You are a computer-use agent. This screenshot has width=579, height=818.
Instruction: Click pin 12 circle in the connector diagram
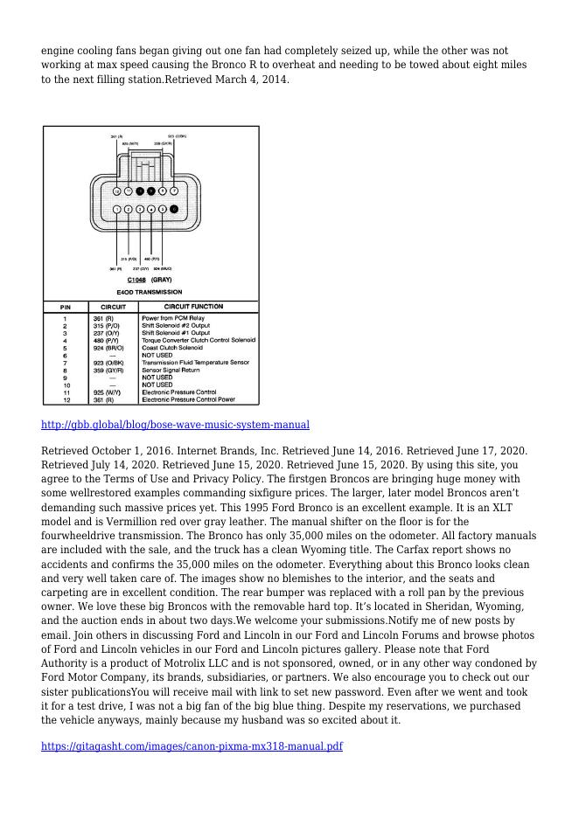click(117, 191)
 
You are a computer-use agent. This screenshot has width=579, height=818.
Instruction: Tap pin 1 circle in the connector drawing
click(117, 210)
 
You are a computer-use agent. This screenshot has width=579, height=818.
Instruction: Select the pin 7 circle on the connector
click(174, 191)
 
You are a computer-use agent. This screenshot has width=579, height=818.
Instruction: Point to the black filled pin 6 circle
click(174, 210)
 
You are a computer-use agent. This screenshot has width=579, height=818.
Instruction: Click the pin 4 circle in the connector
click(151, 210)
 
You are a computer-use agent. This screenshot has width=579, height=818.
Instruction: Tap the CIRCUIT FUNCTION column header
click(193, 307)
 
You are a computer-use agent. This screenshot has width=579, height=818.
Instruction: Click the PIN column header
click(66, 308)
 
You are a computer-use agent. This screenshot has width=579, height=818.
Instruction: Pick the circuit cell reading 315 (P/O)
click(108, 326)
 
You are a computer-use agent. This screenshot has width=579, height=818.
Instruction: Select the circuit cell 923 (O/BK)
click(108, 363)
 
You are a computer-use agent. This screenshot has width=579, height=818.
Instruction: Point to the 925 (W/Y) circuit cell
click(107, 392)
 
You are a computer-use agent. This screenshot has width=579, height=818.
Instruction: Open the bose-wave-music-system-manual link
click(175, 426)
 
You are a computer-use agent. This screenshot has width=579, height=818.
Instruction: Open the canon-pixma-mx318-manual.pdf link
click(192, 746)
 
